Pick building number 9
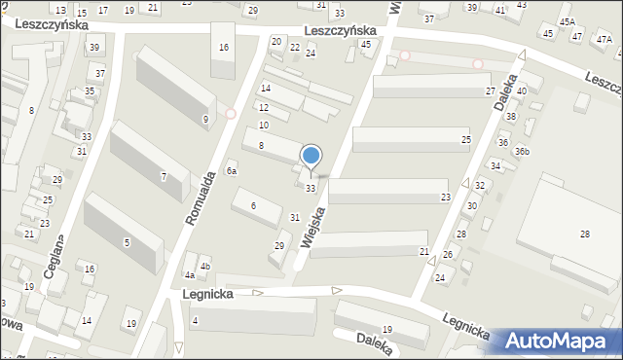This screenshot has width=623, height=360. coord(204,120)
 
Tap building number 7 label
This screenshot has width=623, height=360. coord(163,176)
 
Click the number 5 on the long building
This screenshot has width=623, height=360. coord(127,241)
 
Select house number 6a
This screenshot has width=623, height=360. coord(232,170)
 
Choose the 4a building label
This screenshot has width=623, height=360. coord(190,275)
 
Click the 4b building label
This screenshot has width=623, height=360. coord(204,267)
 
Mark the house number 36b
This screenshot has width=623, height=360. coord(523,151)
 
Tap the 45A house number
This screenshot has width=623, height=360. coord(567,21)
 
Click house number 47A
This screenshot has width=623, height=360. coord(605,40)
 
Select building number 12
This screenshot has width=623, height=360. coord(263,107)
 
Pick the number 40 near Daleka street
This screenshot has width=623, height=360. coord(522,90)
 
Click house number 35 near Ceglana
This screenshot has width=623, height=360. coord(90,91)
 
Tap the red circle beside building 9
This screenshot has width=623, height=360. coord(231,113)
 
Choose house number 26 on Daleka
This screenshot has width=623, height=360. coord(448,255)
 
